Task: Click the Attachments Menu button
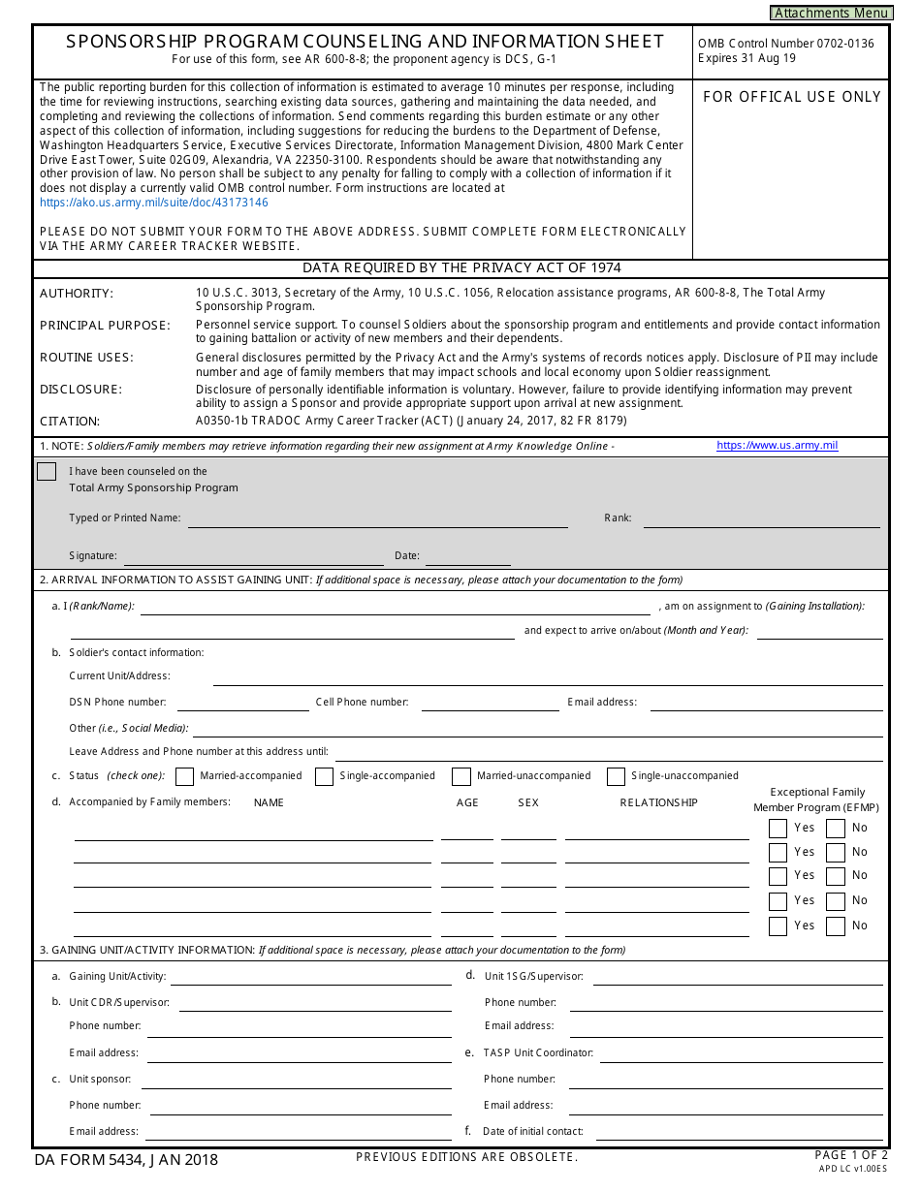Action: pos(831,13)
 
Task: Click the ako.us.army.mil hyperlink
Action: pos(153,203)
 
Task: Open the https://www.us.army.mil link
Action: pos(777,446)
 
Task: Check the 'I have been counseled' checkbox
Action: pos(47,472)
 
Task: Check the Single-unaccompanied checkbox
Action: pos(616,776)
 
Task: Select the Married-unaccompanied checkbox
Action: pos(461,776)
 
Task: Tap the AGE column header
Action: pos(467,802)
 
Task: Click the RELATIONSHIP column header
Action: pos(658,802)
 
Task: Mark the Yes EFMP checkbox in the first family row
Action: pos(778,829)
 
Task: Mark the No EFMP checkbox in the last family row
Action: pos(836,926)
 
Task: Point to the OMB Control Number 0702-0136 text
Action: pos(785,44)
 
